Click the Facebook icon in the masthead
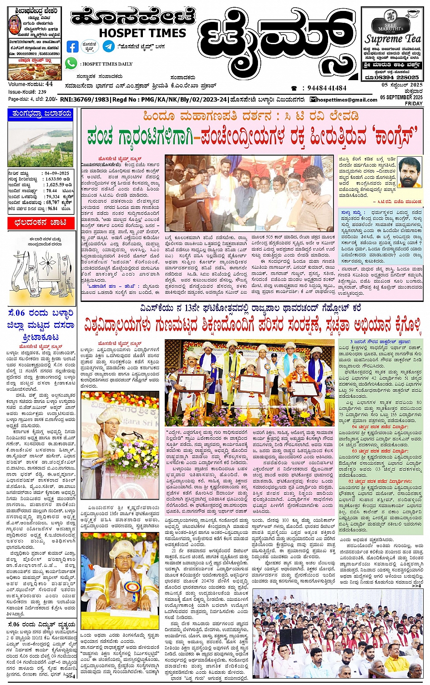[x=72, y=46]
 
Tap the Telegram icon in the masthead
[x=108, y=46]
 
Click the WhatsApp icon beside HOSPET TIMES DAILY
[x=71, y=64]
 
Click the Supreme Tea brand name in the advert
[x=393, y=39]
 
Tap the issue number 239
[x=42, y=92]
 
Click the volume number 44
[x=49, y=84]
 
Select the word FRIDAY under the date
[x=414, y=103]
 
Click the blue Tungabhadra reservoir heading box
[x=40, y=114]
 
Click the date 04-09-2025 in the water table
[x=57, y=174]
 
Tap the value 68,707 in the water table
[x=53, y=202]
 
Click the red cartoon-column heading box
[x=40, y=223]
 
